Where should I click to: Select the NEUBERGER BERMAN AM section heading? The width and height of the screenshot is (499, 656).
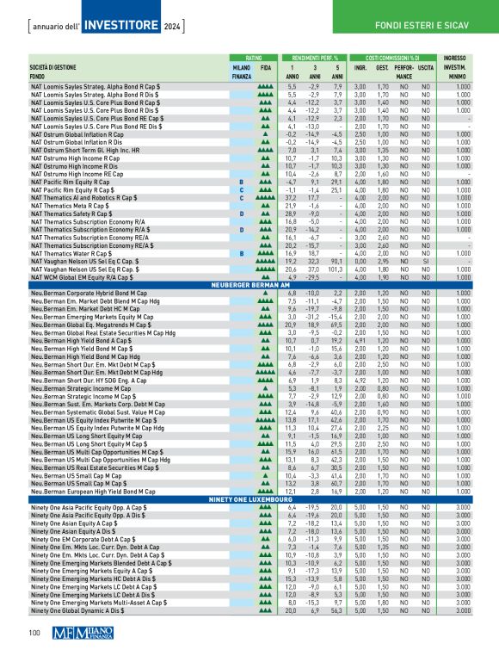click(x=249, y=283)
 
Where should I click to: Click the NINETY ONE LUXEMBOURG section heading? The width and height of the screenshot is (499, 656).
click(x=249, y=498)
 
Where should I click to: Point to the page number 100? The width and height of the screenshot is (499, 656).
click(x=34, y=634)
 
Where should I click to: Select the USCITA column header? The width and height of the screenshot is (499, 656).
click(x=428, y=66)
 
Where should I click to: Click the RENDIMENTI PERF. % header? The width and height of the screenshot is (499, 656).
click(x=316, y=56)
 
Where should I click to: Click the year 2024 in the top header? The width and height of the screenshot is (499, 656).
click(x=172, y=19)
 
